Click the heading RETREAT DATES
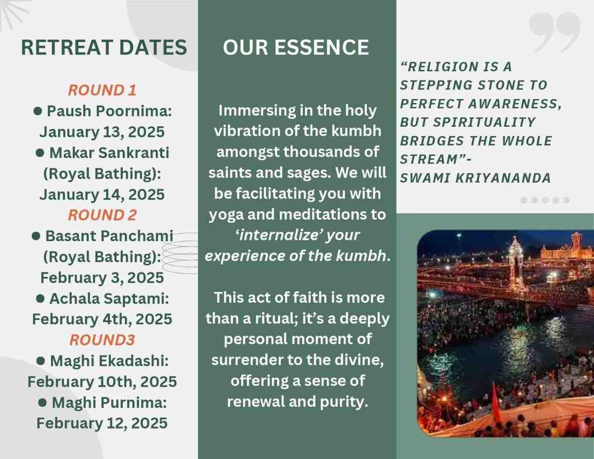[104, 48]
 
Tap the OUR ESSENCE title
[296, 48]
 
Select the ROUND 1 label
[102, 90]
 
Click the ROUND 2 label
[102, 214]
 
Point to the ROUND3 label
[102, 340]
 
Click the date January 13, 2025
[102, 132]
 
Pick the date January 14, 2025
[102, 194]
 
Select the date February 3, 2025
[102, 277]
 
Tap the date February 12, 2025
[102, 423]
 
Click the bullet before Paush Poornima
[38, 111]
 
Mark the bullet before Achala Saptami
[40, 298]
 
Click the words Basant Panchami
[109, 236]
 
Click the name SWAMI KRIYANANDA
[475, 178]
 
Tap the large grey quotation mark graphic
[554, 33]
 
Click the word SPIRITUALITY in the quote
[484, 122]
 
